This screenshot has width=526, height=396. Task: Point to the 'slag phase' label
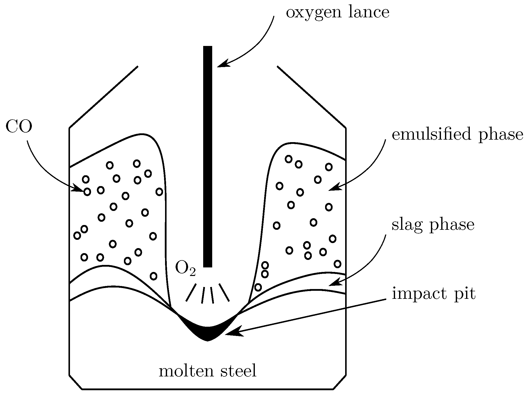click(x=433, y=225)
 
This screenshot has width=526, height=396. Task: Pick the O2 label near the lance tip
click(x=185, y=268)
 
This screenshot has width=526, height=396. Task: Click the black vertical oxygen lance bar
click(x=207, y=156)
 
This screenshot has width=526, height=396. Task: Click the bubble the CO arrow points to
click(x=87, y=192)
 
